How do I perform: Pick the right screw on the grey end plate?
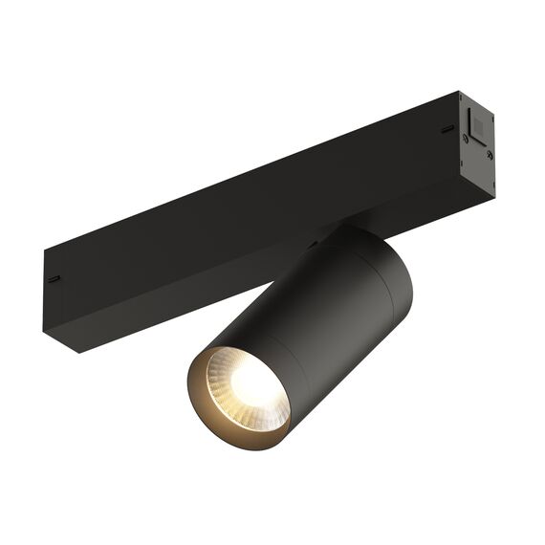point(489,153)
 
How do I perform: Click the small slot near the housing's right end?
point(446,128)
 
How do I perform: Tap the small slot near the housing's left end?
point(54,279)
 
